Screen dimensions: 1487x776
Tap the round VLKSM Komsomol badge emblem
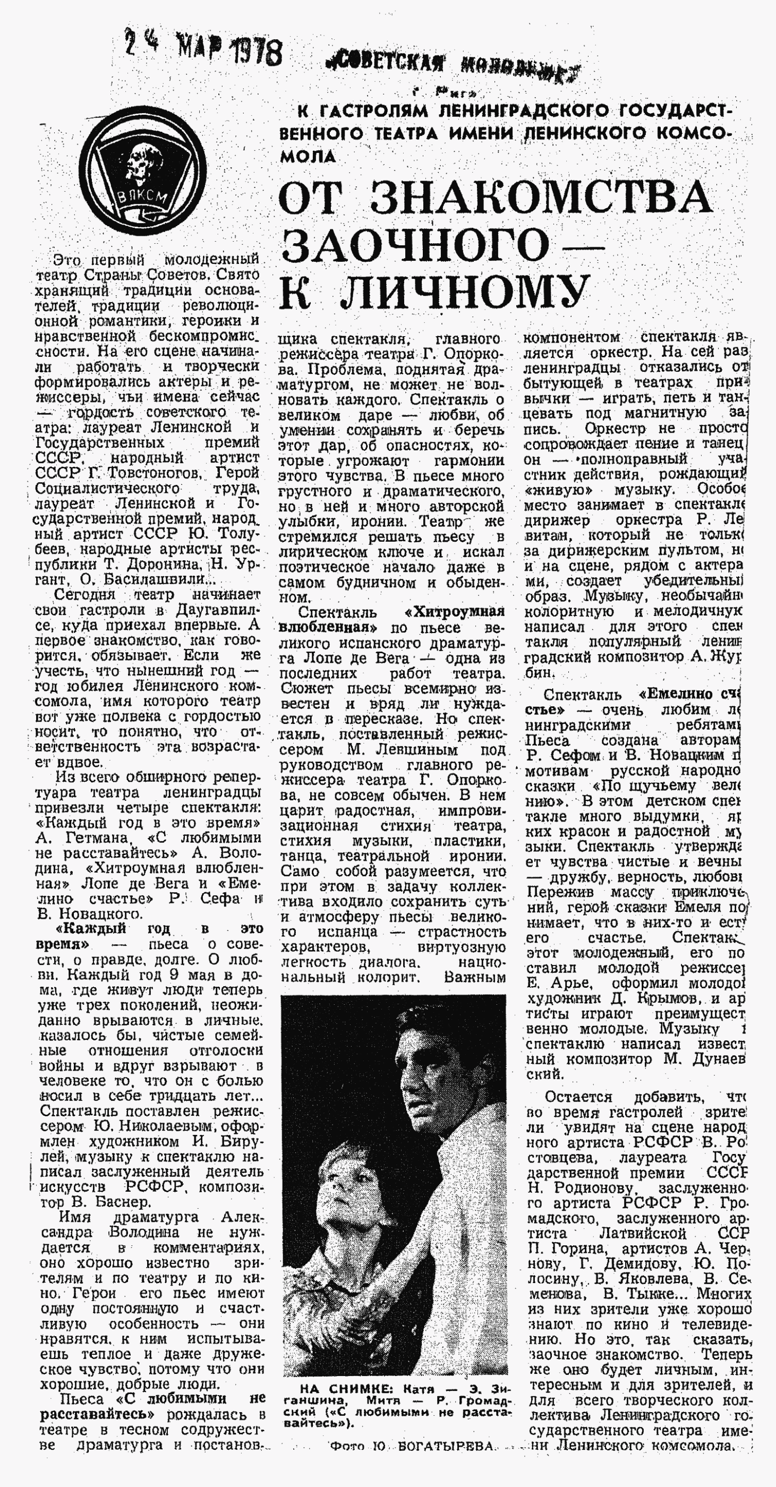click(141, 178)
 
